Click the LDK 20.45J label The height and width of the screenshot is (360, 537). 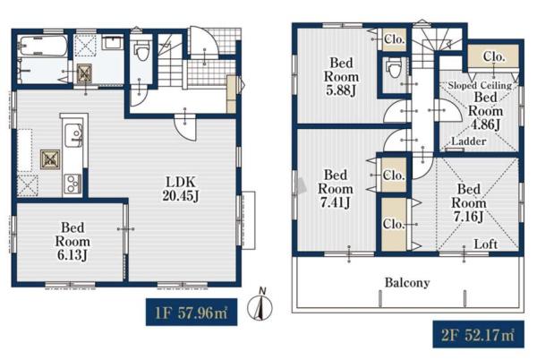(x=181, y=188)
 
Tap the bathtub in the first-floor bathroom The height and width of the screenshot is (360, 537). (x=43, y=46)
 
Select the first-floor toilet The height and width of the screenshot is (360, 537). (x=141, y=50)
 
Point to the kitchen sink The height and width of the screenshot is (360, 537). (x=73, y=135)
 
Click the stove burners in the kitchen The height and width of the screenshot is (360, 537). (x=73, y=184)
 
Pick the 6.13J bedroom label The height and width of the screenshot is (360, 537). (x=72, y=241)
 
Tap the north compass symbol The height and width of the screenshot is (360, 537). (x=260, y=306)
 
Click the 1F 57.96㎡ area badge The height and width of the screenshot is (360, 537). (x=192, y=312)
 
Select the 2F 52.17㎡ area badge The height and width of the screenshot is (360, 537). (x=478, y=334)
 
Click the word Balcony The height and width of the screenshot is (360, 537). (x=407, y=283)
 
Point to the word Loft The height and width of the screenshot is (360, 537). (x=486, y=244)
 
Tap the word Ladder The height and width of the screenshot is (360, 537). (x=469, y=141)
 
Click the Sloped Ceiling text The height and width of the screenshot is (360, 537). (x=480, y=85)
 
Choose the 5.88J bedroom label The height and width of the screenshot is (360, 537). (x=341, y=77)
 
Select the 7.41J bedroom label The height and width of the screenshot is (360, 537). (x=336, y=189)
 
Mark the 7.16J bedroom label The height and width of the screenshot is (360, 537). (x=468, y=202)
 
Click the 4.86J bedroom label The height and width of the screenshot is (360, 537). (x=486, y=111)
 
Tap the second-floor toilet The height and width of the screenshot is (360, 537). (x=393, y=67)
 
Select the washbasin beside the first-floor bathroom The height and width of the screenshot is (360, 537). (x=113, y=42)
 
